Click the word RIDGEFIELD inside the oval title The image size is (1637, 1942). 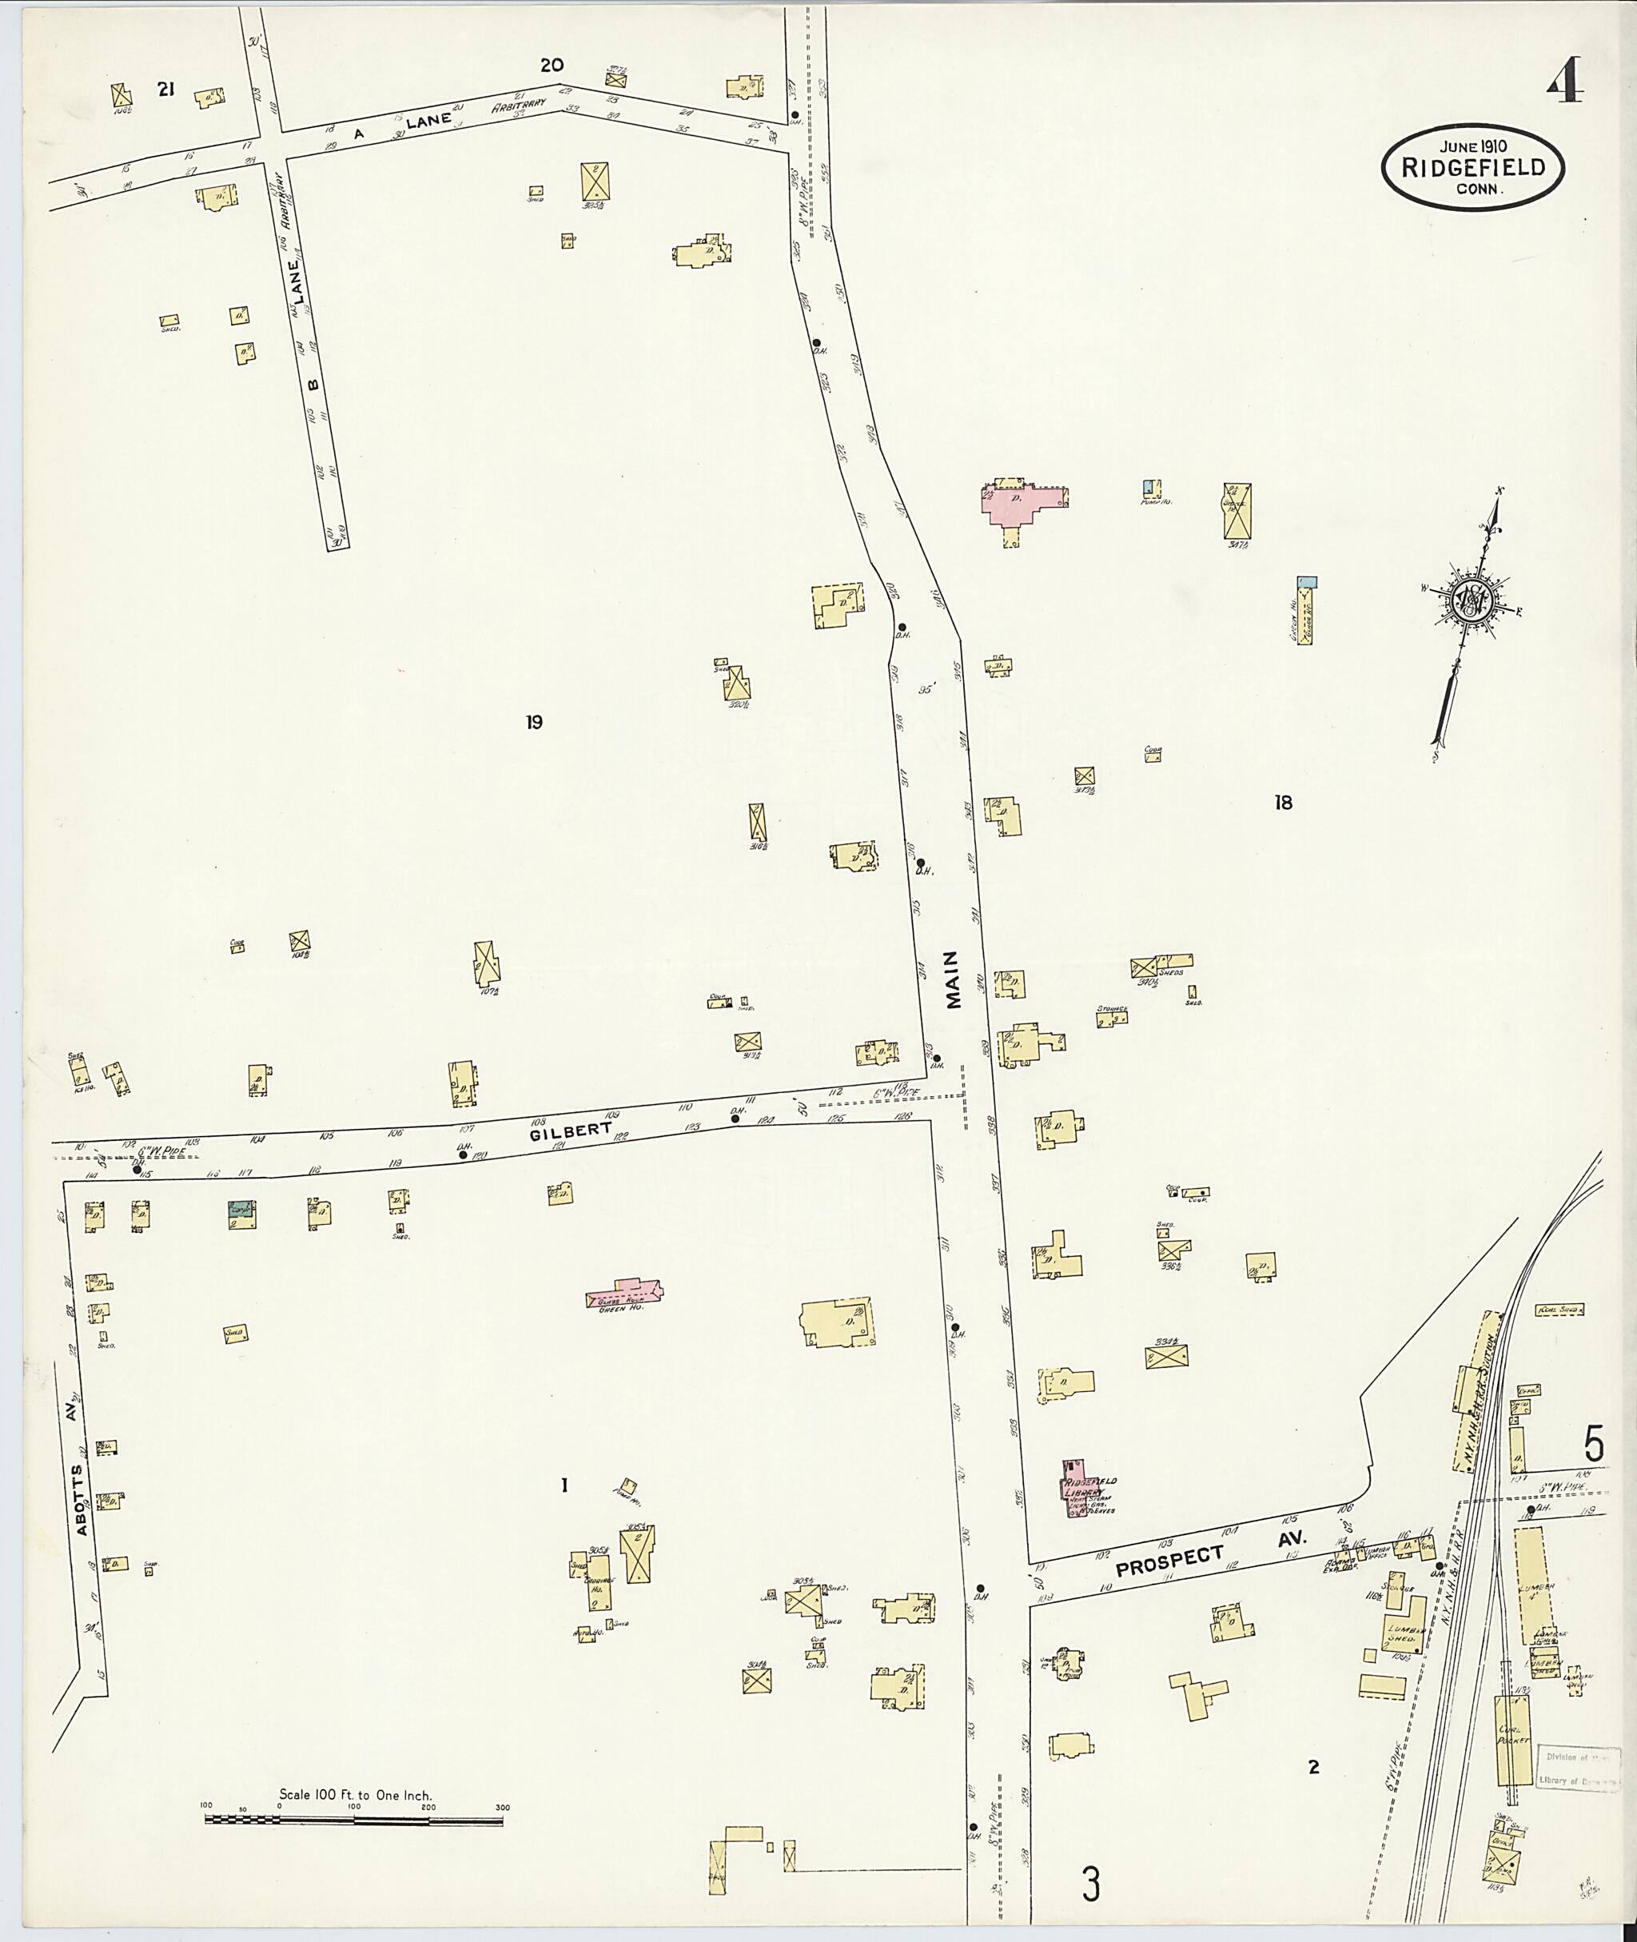pos(1473,168)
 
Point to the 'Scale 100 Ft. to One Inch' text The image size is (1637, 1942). pos(356,1794)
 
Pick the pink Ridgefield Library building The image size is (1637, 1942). pos(1077,1488)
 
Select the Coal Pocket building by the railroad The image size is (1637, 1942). pos(1512,1737)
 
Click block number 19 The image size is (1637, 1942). pos(534,722)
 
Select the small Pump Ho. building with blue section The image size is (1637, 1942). pos(1152,488)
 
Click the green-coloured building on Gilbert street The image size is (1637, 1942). pos(241,1214)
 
